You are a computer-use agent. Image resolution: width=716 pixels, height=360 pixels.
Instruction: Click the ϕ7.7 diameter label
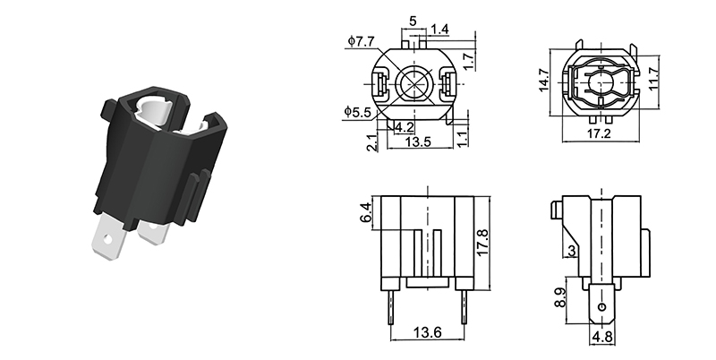(360, 40)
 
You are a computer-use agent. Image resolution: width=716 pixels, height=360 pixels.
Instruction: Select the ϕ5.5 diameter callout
(360, 111)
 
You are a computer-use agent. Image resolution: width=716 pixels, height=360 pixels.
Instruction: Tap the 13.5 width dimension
(420, 142)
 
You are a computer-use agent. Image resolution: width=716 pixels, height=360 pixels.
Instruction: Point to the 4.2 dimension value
(404, 127)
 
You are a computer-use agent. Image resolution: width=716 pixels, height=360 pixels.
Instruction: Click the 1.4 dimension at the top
(439, 30)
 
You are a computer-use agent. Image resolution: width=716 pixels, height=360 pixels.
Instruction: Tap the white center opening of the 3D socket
(152, 112)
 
